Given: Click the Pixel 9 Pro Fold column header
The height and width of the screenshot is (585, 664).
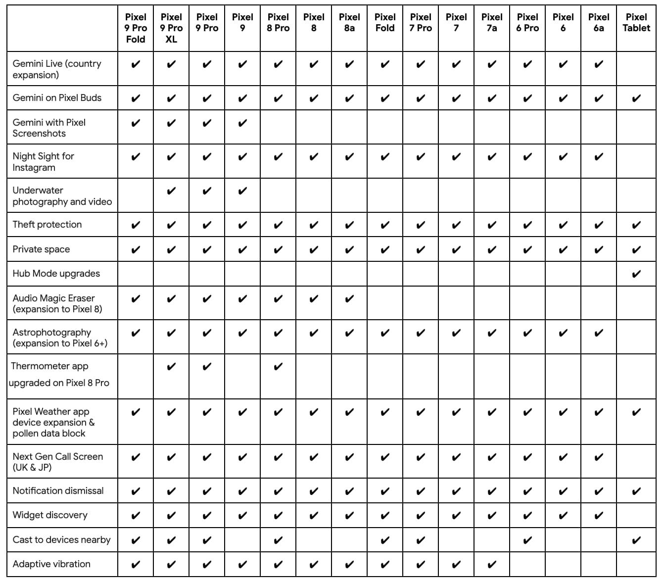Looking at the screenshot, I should pos(136,28).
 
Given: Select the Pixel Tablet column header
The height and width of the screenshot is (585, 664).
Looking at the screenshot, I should pos(636,23).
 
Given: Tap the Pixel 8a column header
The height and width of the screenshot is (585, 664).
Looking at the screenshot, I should pos(349,23).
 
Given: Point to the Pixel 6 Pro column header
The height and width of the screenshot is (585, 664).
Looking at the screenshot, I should pos(527,23).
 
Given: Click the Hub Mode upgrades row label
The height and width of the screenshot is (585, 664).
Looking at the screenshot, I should pos(56,274).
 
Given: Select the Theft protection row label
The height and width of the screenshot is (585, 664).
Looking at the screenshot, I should pos(47,225).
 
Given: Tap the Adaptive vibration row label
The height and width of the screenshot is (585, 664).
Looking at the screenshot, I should pos(52,564).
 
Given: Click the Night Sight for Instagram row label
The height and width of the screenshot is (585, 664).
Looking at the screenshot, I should pos(44,162).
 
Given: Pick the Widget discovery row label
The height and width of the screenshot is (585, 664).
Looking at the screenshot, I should pos(50,515).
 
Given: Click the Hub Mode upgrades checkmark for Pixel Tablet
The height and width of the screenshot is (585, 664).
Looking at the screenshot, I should pos(636,274).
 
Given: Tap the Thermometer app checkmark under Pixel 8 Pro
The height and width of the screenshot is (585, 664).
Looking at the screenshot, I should pos(278,367).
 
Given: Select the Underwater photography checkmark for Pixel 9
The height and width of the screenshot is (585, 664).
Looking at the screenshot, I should pos(242,191).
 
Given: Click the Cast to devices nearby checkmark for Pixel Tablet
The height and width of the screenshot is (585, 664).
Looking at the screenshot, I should pos(636,540).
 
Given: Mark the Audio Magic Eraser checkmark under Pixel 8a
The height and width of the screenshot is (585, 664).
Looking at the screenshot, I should pos(349,298).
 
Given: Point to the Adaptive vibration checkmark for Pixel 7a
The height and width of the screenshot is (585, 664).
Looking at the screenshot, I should pos(492,564).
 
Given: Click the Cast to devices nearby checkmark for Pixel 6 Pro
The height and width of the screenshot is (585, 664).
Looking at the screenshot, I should pos(527,540).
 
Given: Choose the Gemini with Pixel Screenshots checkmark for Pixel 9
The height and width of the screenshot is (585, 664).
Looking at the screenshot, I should pos(242,123).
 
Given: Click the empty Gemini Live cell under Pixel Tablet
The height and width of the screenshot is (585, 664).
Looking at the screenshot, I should pos(636,68).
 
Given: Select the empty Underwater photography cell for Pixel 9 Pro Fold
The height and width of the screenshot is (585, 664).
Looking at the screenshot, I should pos(136,195).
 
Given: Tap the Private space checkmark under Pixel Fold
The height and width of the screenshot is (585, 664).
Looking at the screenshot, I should pos(385,249).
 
